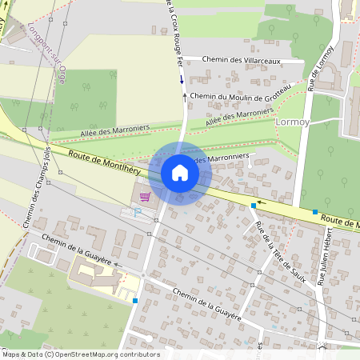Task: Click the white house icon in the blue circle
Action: click(x=180, y=173)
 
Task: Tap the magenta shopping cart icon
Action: click(x=145, y=196)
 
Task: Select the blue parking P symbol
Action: click(x=136, y=212)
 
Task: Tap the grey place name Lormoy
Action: click(x=290, y=122)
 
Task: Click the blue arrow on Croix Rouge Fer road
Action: click(x=182, y=79)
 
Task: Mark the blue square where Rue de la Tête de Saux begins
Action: click(x=254, y=206)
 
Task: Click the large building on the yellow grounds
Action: click(x=92, y=273)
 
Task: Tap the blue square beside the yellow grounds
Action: click(x=135, y=301)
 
